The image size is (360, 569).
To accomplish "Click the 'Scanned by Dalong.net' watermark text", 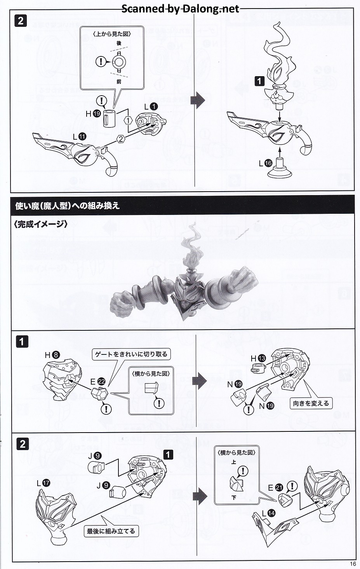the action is pos(181,9).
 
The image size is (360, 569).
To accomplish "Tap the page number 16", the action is pos(353,564).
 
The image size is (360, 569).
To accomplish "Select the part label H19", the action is pos(93,113).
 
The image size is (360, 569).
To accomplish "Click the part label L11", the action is pos(80,137).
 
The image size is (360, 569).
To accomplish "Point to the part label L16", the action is pos(266,163).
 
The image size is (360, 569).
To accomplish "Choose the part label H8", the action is pos(52,355).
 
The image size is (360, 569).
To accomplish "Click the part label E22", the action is pos(98,381).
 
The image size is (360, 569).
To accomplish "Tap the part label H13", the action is pos(258,358).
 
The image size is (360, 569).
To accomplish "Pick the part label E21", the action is pos(276,487).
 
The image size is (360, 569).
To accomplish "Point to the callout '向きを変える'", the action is pos(311,403).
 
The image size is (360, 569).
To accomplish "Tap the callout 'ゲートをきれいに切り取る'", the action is pos(131,354).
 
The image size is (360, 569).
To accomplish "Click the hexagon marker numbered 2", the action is pos(121,139).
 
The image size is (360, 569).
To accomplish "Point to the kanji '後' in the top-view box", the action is pos(119,43).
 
